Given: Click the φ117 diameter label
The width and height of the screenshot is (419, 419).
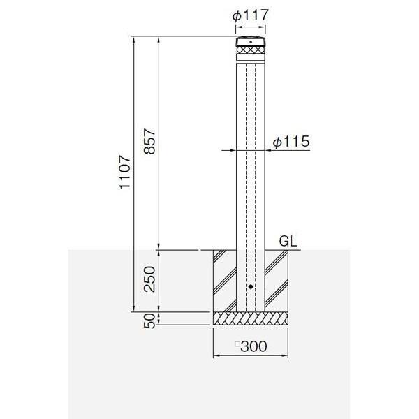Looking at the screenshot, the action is [250, 15].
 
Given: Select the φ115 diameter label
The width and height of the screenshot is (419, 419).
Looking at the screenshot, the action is [291, 141].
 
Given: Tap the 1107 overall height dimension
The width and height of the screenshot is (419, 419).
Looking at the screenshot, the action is [125, 172].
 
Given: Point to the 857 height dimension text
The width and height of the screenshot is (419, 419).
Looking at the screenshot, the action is [149, 142].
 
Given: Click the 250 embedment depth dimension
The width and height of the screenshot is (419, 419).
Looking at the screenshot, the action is [149, 279].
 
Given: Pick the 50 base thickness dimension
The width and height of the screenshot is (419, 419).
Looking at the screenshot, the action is [149, 321].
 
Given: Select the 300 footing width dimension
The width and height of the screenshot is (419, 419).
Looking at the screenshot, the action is [254, 346].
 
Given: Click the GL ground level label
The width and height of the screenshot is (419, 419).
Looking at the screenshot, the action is [288, 242].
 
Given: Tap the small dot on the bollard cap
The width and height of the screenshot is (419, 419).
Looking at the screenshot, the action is [251, 42].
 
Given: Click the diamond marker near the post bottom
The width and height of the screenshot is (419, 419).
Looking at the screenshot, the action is [251, 287].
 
